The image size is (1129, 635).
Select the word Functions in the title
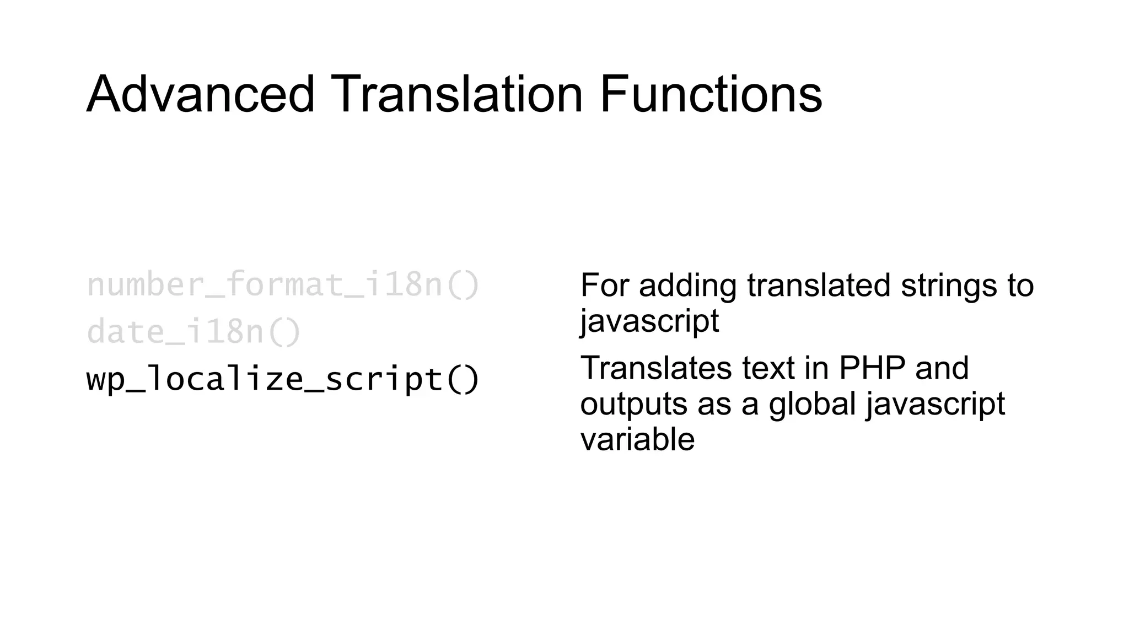pyautogui.click(x=711, y=94)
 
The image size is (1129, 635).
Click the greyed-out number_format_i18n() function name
pyautogui.click(x=283, y=285)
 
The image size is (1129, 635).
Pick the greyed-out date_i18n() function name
pyautogui.click(x=193, y=332)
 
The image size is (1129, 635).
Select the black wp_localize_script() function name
pyautogui.click(x=283, y=380)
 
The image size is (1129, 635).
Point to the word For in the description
pyautogui.click(x=605, y=286)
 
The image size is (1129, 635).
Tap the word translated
pyautogui.click(x=819, y=286)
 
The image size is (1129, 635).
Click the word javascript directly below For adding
pyautogui.click(x=649, y=321)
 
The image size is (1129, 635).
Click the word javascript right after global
pyautogui.click(x=935, y=404)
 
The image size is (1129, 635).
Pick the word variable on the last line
pyautogui.click(x=637, y=439)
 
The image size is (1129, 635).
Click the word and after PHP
pyautogui.click(x=942, y=368)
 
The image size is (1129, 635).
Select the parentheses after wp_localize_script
pyautogui.click(x=462, y=380)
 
